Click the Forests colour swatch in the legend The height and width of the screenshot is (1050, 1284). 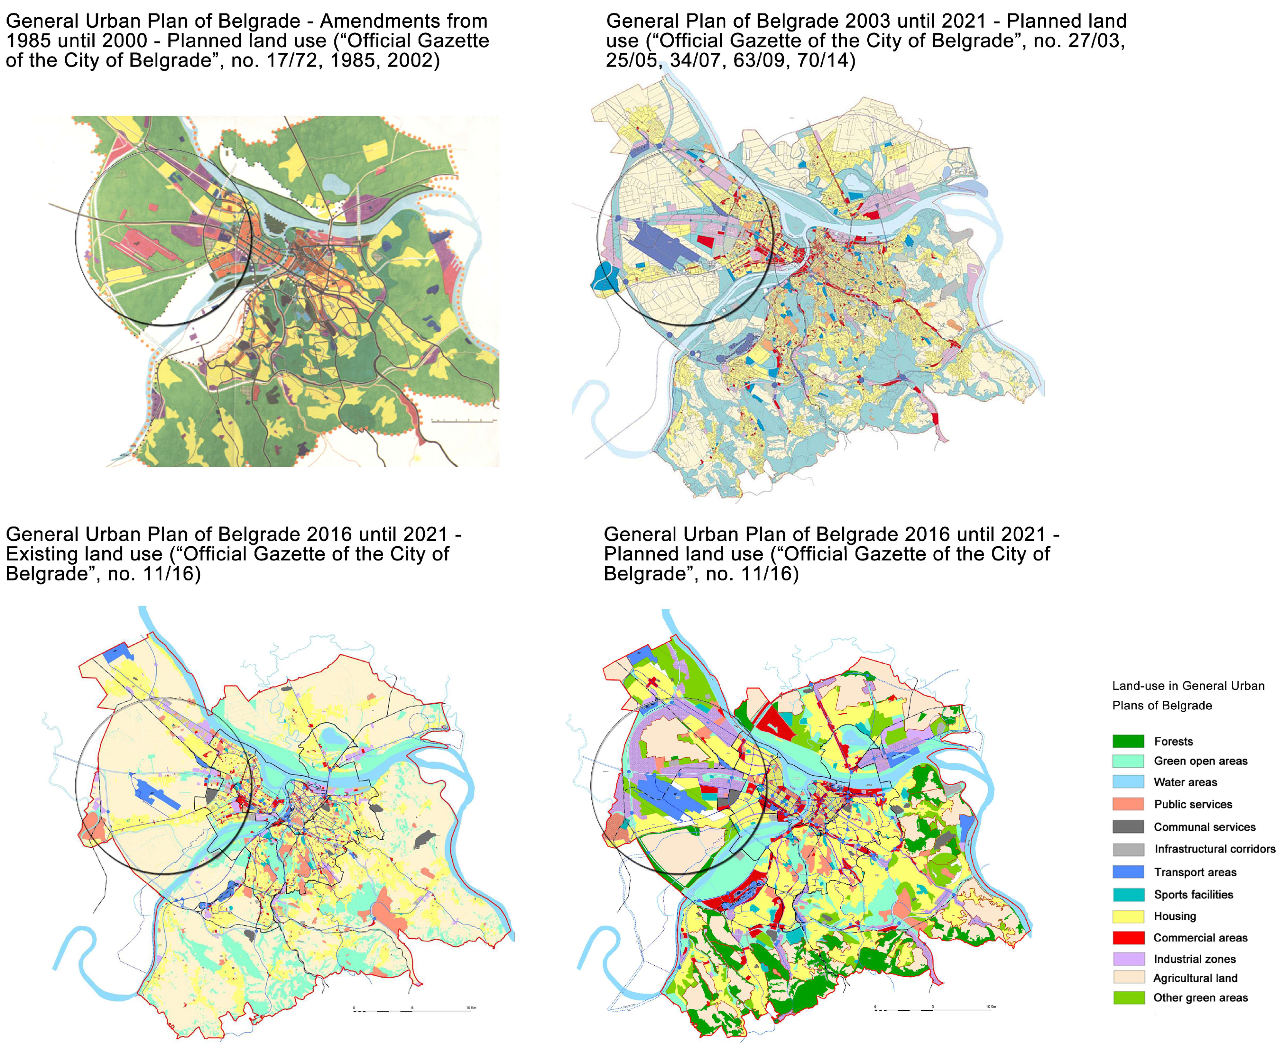(1128, 741)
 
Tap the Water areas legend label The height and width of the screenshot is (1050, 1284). (1185, 782)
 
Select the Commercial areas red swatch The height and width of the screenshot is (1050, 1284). (1128, 938)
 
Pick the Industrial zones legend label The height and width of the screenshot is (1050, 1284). (1194, 959)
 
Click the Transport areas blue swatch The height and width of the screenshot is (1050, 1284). (1128, 871)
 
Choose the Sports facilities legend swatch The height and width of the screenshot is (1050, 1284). (1128, 895)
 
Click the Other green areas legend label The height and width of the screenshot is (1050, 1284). (1200, 997)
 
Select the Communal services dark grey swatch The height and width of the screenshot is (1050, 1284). (1128, 827)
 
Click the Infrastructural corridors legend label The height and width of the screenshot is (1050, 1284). (1214, 849)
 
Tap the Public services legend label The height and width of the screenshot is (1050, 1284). (1193, 804)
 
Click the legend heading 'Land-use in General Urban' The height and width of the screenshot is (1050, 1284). (1188, 686)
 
